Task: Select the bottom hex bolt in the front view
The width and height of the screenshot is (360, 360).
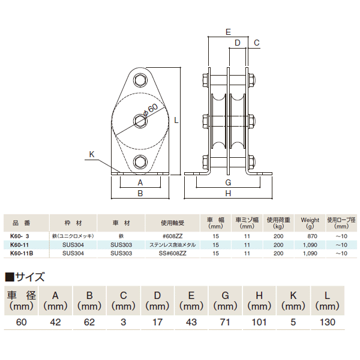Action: [140, 161]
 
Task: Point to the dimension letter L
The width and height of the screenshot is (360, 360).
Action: [176, 120]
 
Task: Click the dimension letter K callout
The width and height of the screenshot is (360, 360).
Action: [92, 154]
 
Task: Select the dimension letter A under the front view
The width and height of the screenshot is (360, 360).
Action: [140, 182]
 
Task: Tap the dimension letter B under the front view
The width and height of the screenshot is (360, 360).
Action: [140, 194]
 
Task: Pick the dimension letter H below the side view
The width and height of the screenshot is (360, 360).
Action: [228, 194]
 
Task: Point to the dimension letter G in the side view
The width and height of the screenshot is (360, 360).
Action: [228, 182]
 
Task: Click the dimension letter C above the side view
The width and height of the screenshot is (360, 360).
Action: [256, 43]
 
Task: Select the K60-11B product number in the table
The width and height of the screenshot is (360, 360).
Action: [22, 254]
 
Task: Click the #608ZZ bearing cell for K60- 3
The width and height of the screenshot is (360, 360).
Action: [175, 236]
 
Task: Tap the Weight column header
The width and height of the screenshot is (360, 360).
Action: [310, 220]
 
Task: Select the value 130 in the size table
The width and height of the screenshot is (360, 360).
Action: [328, 323]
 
